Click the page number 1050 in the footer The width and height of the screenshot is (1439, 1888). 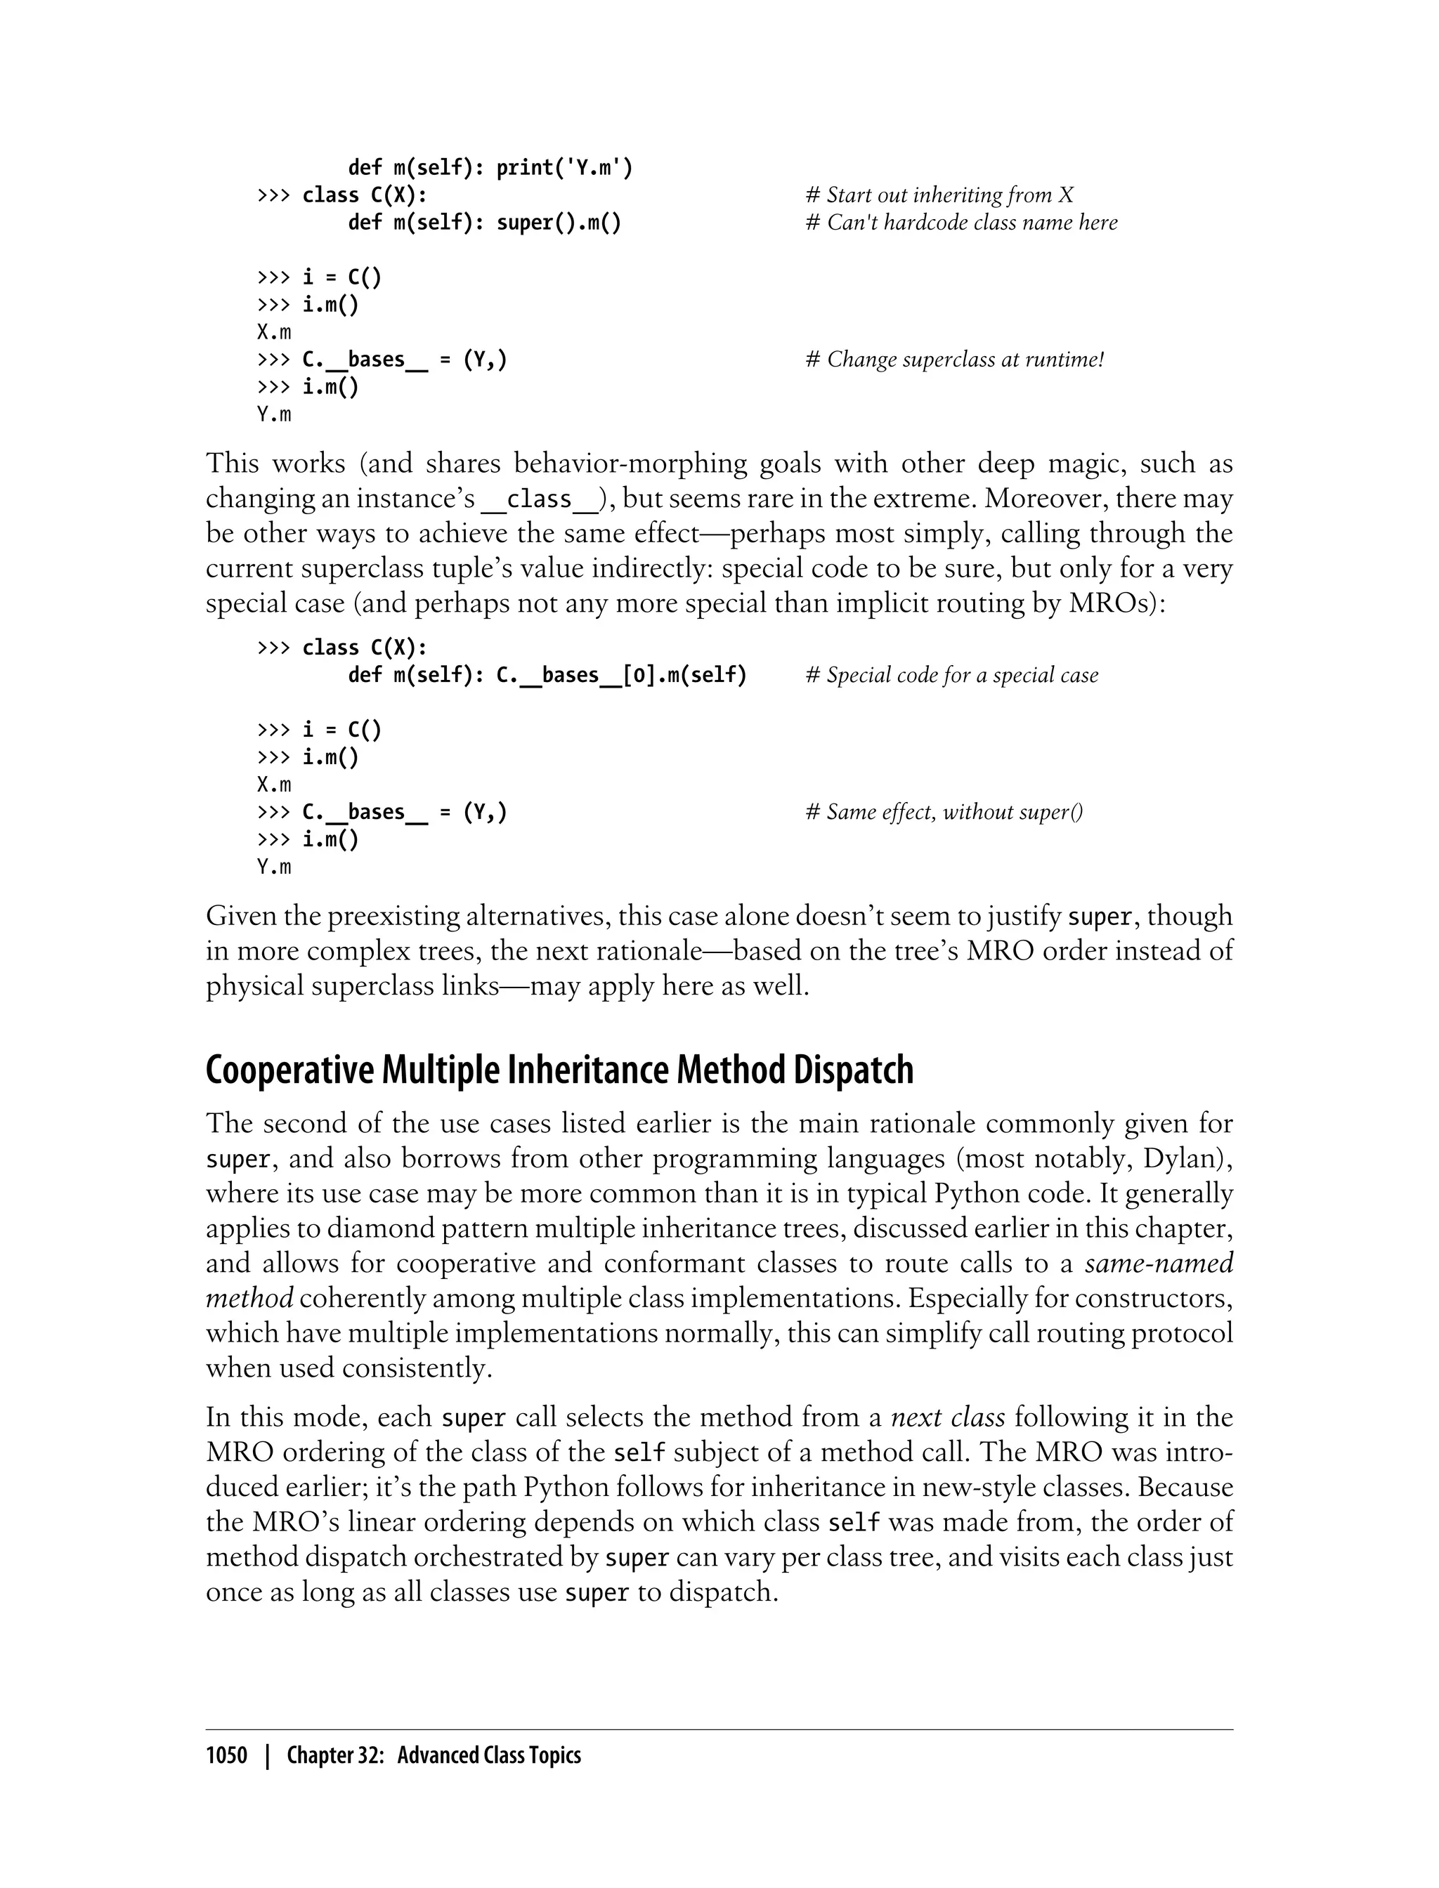226,1755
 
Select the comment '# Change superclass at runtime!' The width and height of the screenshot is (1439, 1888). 954,360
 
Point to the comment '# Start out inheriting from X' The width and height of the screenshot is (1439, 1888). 939,195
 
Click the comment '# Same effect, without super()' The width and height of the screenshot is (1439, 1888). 944,812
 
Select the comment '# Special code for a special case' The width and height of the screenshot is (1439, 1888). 951,676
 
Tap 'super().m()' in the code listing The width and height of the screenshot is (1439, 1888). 559,223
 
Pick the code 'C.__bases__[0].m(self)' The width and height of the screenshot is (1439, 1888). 621,676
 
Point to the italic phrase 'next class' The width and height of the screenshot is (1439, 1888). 947,1417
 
